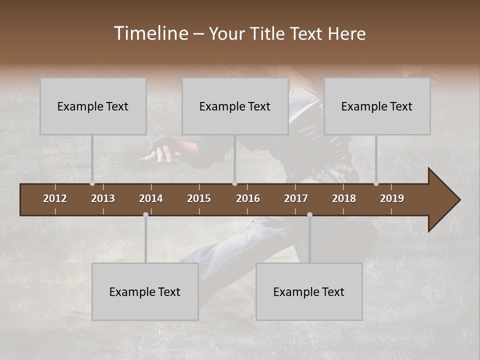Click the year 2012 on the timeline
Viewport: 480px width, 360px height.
point(55,198)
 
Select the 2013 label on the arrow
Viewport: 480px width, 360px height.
point(103,198)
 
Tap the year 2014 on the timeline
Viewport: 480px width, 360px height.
point(151,198)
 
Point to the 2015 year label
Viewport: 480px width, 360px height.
point(199,198)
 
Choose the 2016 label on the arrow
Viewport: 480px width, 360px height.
point(248,198)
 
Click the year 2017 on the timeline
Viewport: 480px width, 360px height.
point(296,198)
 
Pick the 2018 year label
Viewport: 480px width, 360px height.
point(344,198)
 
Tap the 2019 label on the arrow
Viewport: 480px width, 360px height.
point(392,198)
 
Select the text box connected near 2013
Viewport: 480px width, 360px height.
point(93,106)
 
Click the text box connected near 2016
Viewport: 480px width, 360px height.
point(235,106)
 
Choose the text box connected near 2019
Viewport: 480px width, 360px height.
point(377,106)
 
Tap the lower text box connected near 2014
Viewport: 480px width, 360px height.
point(145,291)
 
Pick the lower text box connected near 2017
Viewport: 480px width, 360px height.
point(309,291)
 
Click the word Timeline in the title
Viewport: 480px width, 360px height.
point(150,33)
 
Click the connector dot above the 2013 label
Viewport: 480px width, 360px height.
point(92,183)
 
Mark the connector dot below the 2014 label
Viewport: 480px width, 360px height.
point(145,215)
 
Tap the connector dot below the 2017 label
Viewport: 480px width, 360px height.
point(309,215)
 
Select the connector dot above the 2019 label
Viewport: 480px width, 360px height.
point(376,183)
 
